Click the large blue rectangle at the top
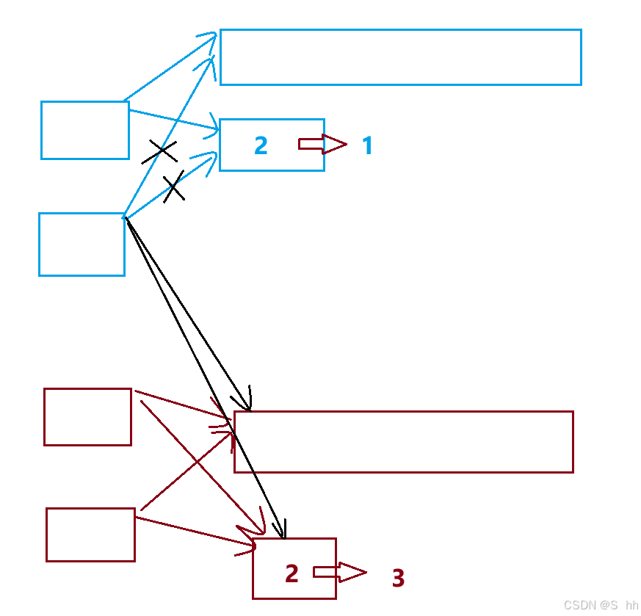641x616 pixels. click(400, 57)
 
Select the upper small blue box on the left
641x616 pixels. click(84, 130)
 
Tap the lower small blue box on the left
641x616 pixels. click(82, 244)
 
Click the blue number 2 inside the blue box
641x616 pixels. click(261, 145)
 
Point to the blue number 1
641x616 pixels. click(368, 146)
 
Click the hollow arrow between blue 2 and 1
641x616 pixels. click(322, 144)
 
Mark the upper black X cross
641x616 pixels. click(160, 152)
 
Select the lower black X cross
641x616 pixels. click(174, 188)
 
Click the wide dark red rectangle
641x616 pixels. click(403, 441)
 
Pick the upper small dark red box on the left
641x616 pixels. click(87, 417)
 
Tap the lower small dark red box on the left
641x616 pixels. click(90, 535)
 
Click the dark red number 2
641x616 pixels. click(291, 573)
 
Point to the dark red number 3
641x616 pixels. click(398, 579)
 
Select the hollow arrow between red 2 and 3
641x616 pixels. click(339, 572)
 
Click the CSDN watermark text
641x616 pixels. click(601, 605)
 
